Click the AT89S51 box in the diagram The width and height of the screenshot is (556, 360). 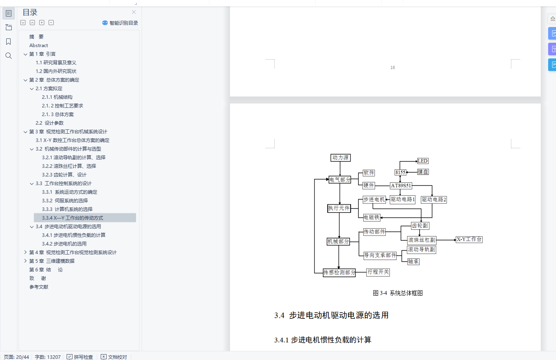[x=401, y=185]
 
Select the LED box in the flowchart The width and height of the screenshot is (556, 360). [x=422, y=161]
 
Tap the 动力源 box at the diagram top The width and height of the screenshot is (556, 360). [x=340, y=158]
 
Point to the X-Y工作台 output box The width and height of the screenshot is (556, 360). [x=469, y=239]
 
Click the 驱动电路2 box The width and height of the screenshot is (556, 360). [x=433, y=200]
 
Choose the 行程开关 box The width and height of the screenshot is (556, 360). [x=378, y=272]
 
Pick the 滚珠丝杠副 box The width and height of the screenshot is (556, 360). [x=421, y=240]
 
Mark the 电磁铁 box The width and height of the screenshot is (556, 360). [x=371, y=217]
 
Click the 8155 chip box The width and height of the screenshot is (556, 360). [x=400, y=172]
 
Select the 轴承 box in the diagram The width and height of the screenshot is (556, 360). [x=413, y=262]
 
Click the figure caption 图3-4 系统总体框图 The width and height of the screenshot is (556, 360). [x=398, y=293]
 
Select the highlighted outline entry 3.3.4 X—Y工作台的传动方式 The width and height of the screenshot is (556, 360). [x=72, y=218]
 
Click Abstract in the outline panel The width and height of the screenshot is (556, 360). [x=38, y=45]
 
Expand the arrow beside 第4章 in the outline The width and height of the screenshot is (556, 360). [x=25, y=252]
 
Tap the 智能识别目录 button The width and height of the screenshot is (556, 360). [x=120, y=23]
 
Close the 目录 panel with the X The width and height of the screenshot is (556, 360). [x=134, y=12]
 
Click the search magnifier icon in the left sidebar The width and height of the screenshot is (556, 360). [x=9, y=56]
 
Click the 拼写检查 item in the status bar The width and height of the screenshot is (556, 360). [x=80, y=357]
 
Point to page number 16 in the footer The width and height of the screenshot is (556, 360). [x=393, y=67]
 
